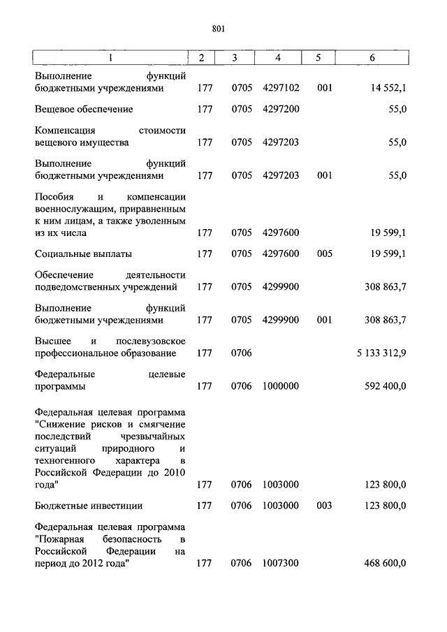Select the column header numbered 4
(278, 58)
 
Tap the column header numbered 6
(372, 58)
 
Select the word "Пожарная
(61, 539)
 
